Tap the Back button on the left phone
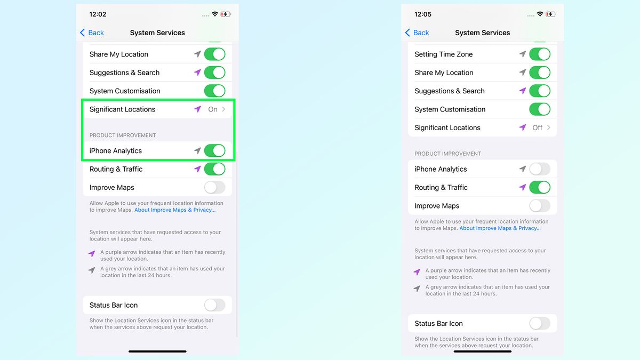(92, 33)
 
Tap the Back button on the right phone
(417, 33)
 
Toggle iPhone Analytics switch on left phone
(214, 151)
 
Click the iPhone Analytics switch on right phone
(539, 169)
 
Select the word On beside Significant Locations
(213, 109)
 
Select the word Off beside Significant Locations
(537, 127)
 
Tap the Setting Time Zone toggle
(539, 54)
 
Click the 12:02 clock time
(98, 14)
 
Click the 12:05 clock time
(423, 14)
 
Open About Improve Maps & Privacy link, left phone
(175, 210)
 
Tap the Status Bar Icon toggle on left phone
(214, 305)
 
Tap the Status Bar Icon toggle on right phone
(539, 323)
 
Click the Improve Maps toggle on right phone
(539, 206)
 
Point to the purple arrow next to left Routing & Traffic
(197, 169)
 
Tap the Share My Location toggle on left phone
(214, 54)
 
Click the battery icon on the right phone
(551, 14)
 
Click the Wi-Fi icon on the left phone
(215, 14)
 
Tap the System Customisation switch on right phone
(539, 109)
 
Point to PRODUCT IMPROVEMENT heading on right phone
(447, 154)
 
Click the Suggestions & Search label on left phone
(124, 73)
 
